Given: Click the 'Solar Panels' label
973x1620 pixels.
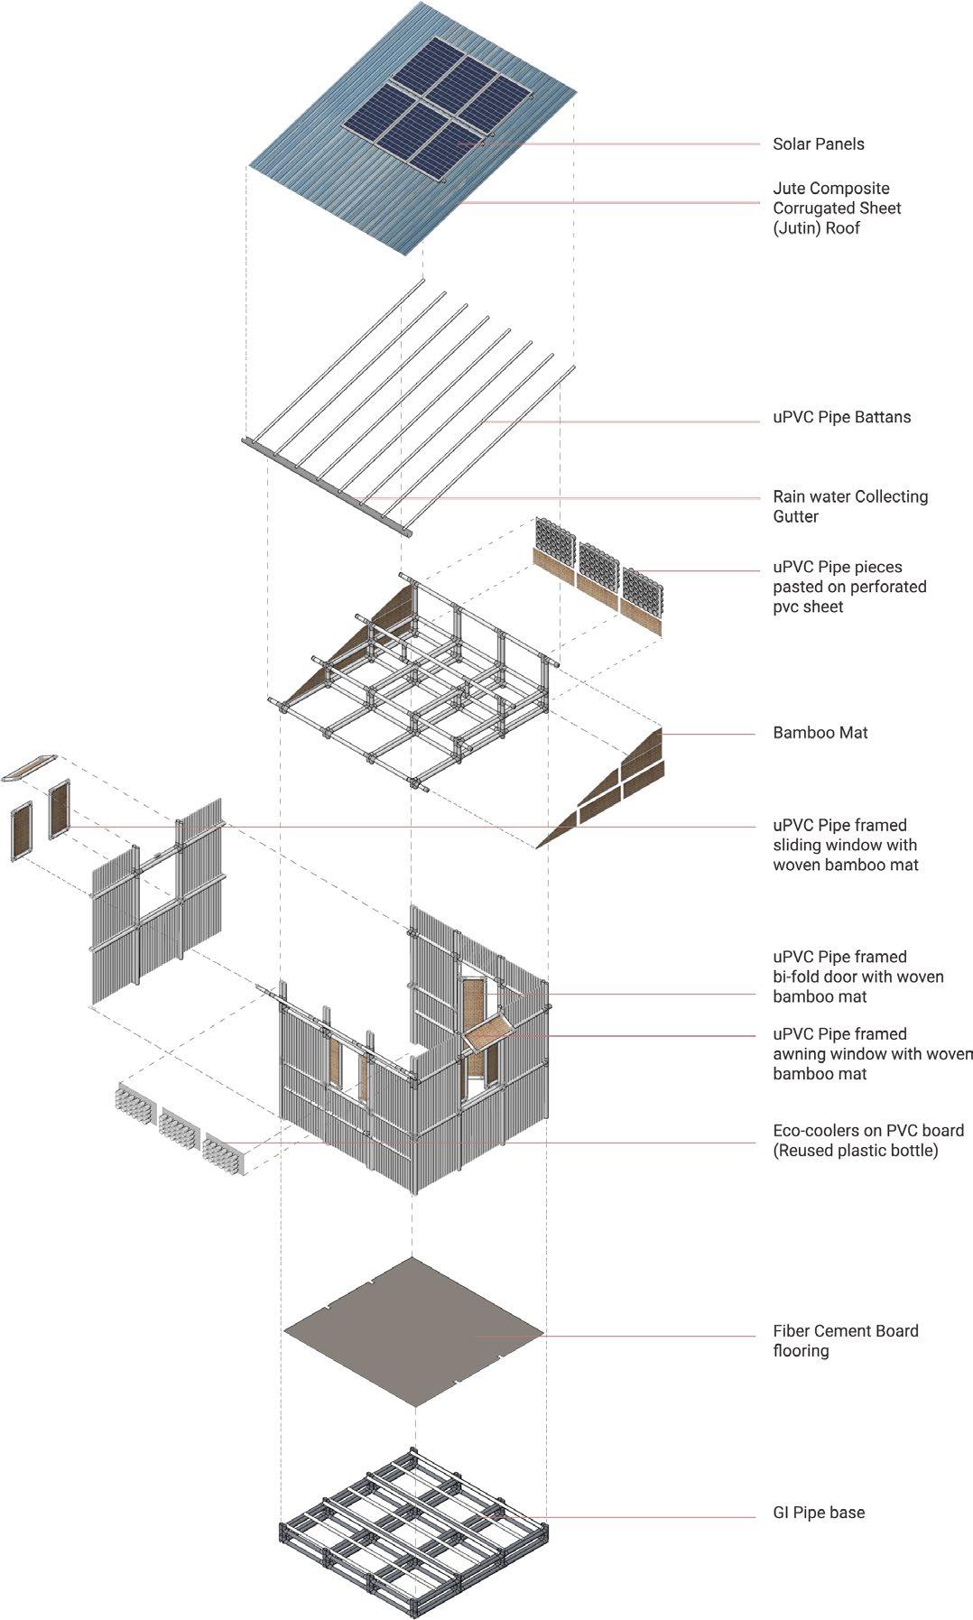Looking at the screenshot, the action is [818, 144].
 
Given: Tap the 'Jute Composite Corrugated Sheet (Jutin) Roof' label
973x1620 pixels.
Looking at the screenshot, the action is [837, 208].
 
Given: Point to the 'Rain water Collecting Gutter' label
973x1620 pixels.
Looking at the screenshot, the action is [849, 506].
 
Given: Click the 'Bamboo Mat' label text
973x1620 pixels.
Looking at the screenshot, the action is [820, 733].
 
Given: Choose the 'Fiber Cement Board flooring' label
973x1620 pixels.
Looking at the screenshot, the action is [845, 1341].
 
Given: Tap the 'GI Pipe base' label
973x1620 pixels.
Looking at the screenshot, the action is [818, 1513].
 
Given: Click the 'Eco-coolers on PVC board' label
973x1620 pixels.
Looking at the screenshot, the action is [867, 1141].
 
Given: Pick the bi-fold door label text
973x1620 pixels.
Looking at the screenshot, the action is [857, 977].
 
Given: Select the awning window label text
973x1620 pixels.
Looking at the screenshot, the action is [871, 1054].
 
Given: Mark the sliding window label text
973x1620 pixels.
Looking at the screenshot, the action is [845, 845].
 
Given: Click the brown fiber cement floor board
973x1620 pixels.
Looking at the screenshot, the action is [413, 1333].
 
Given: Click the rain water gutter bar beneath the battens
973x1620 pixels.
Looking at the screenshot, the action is [326, 488].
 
